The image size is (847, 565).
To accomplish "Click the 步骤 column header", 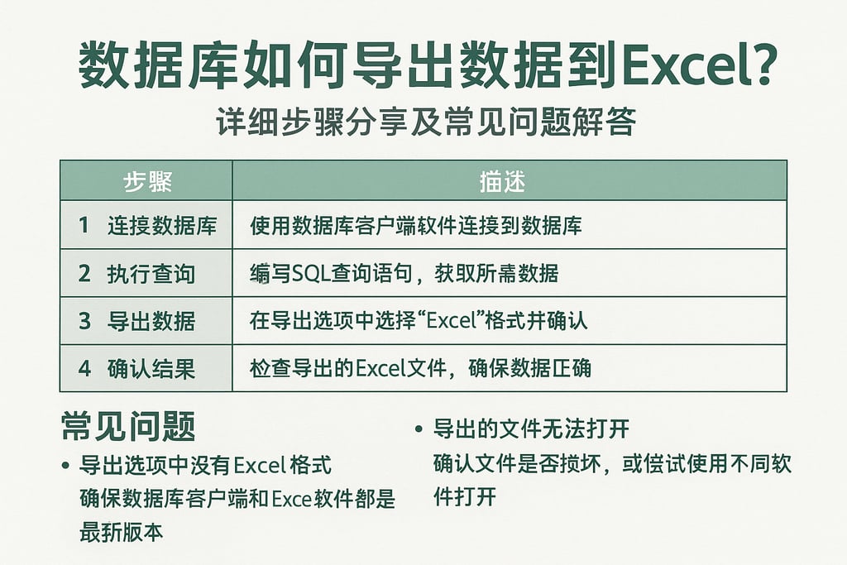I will [x=147, y=181].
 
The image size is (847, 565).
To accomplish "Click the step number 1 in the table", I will [x=84, y=225].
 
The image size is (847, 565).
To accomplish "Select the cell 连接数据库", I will [x=162, y=225].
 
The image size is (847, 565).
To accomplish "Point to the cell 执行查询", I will [x=151, y=273].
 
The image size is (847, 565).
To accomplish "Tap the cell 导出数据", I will [x=151, y=321].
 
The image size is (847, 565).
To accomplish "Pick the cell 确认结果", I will [x=151, y=368].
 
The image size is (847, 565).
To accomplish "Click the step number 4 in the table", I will [x=84, y=368].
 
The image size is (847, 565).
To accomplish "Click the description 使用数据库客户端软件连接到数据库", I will [x=415, y=225].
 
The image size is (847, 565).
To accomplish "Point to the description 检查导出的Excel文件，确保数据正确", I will [x=420, y=368].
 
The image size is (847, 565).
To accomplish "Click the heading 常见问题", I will [x=128, y=428].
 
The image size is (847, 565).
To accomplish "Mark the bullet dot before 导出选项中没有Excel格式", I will [x=65, y=467].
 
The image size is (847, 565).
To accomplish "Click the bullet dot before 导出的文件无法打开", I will [x=418, y=430].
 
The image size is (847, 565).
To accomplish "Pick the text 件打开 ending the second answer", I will [x=464, y=496].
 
